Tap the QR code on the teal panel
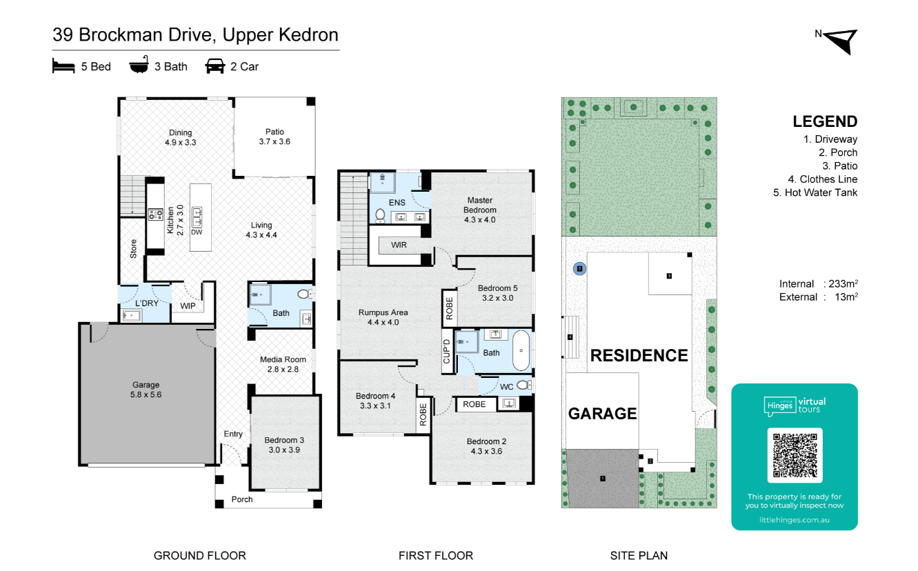pyautogui.click(x=795, y=455)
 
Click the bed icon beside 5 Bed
pyautogui.click(x=63, y=66)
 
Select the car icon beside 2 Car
pyautogui.click(x=215, y=66)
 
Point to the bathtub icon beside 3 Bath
pyautogui.click(x=139, y=66)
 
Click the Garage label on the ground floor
pyautogui.click(x=146, y=385)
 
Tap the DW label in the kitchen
pyautogui.click(x=197, y=232)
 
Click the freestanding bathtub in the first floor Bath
pyautogui.click(x=521, y=350)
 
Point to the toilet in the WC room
pyautogui.click(x=524, y=385)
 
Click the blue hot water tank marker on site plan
pyautogui.click(x=579, y=269)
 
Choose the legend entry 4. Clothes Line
pyautogui.click(x=823, y=179)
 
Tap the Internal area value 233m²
pyautogui.click(x=843, y=283)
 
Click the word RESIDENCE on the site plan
pyautogui.click(x=639, y=355)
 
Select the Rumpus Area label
pyautogui.click(x=383, y=312)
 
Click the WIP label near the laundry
pyautogui.click(x=188, y=305)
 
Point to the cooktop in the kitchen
pyautogui.click(x=155, y=214)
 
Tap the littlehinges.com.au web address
pyautogui.click(x=795, y=520)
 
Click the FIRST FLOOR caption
pyautogui.click(x=436, y=555)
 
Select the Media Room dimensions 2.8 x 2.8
pyautogui.click(x=283, y=370)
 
